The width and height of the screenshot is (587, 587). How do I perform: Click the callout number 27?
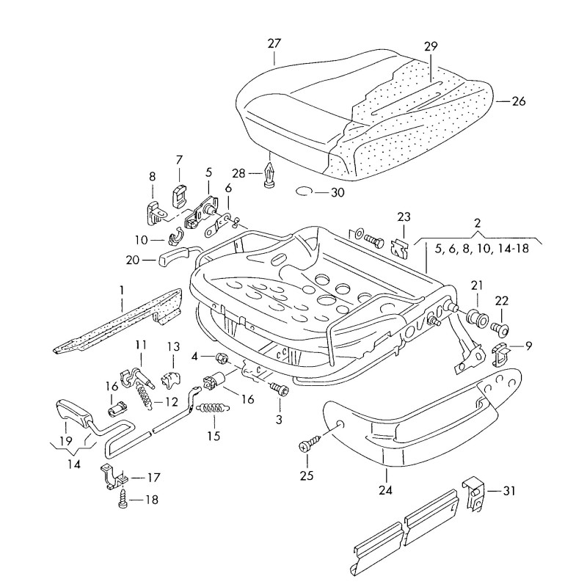274,43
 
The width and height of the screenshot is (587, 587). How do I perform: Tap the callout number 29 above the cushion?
430,46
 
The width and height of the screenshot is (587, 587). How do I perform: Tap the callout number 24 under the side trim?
384,490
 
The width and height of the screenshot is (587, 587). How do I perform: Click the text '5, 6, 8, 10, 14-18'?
481,249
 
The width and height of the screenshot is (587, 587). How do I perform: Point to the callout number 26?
518,102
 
